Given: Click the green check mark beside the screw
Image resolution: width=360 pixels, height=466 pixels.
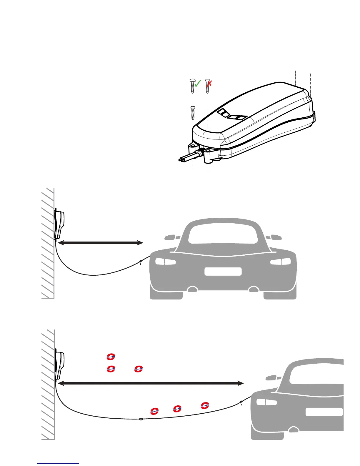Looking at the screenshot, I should point(198,84).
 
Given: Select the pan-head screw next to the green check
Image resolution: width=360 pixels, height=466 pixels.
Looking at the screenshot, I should point(193,85).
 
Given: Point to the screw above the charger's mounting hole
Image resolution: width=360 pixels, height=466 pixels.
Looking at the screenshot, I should point(193,112).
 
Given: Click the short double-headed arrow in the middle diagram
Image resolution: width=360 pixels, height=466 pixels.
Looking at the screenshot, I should point(100,243).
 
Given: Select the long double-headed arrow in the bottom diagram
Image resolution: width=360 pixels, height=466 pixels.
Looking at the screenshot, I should point(151,383).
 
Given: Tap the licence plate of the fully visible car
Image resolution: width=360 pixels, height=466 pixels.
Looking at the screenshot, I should point(223,272).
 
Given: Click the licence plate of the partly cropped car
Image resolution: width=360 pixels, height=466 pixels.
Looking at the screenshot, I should point(324,412).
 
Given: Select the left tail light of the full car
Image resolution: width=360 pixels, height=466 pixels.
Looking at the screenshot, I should point(166,262).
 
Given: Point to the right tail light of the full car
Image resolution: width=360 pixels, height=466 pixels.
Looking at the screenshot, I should point(280,262).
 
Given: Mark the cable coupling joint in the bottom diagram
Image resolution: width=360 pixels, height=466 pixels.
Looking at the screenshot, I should point(141,419).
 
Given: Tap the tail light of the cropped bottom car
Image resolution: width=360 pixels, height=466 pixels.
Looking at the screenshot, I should point(266,402).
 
